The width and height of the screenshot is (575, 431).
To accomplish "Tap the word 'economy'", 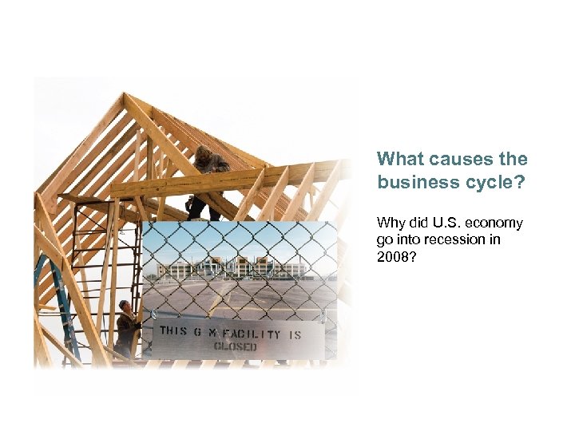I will tap(495, 223).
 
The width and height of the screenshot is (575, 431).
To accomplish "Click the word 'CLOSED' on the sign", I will tap(235, 347).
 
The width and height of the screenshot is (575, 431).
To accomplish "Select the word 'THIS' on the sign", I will tap(174, 331).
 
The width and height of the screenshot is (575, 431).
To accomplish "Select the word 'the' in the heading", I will tap(513, 159).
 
